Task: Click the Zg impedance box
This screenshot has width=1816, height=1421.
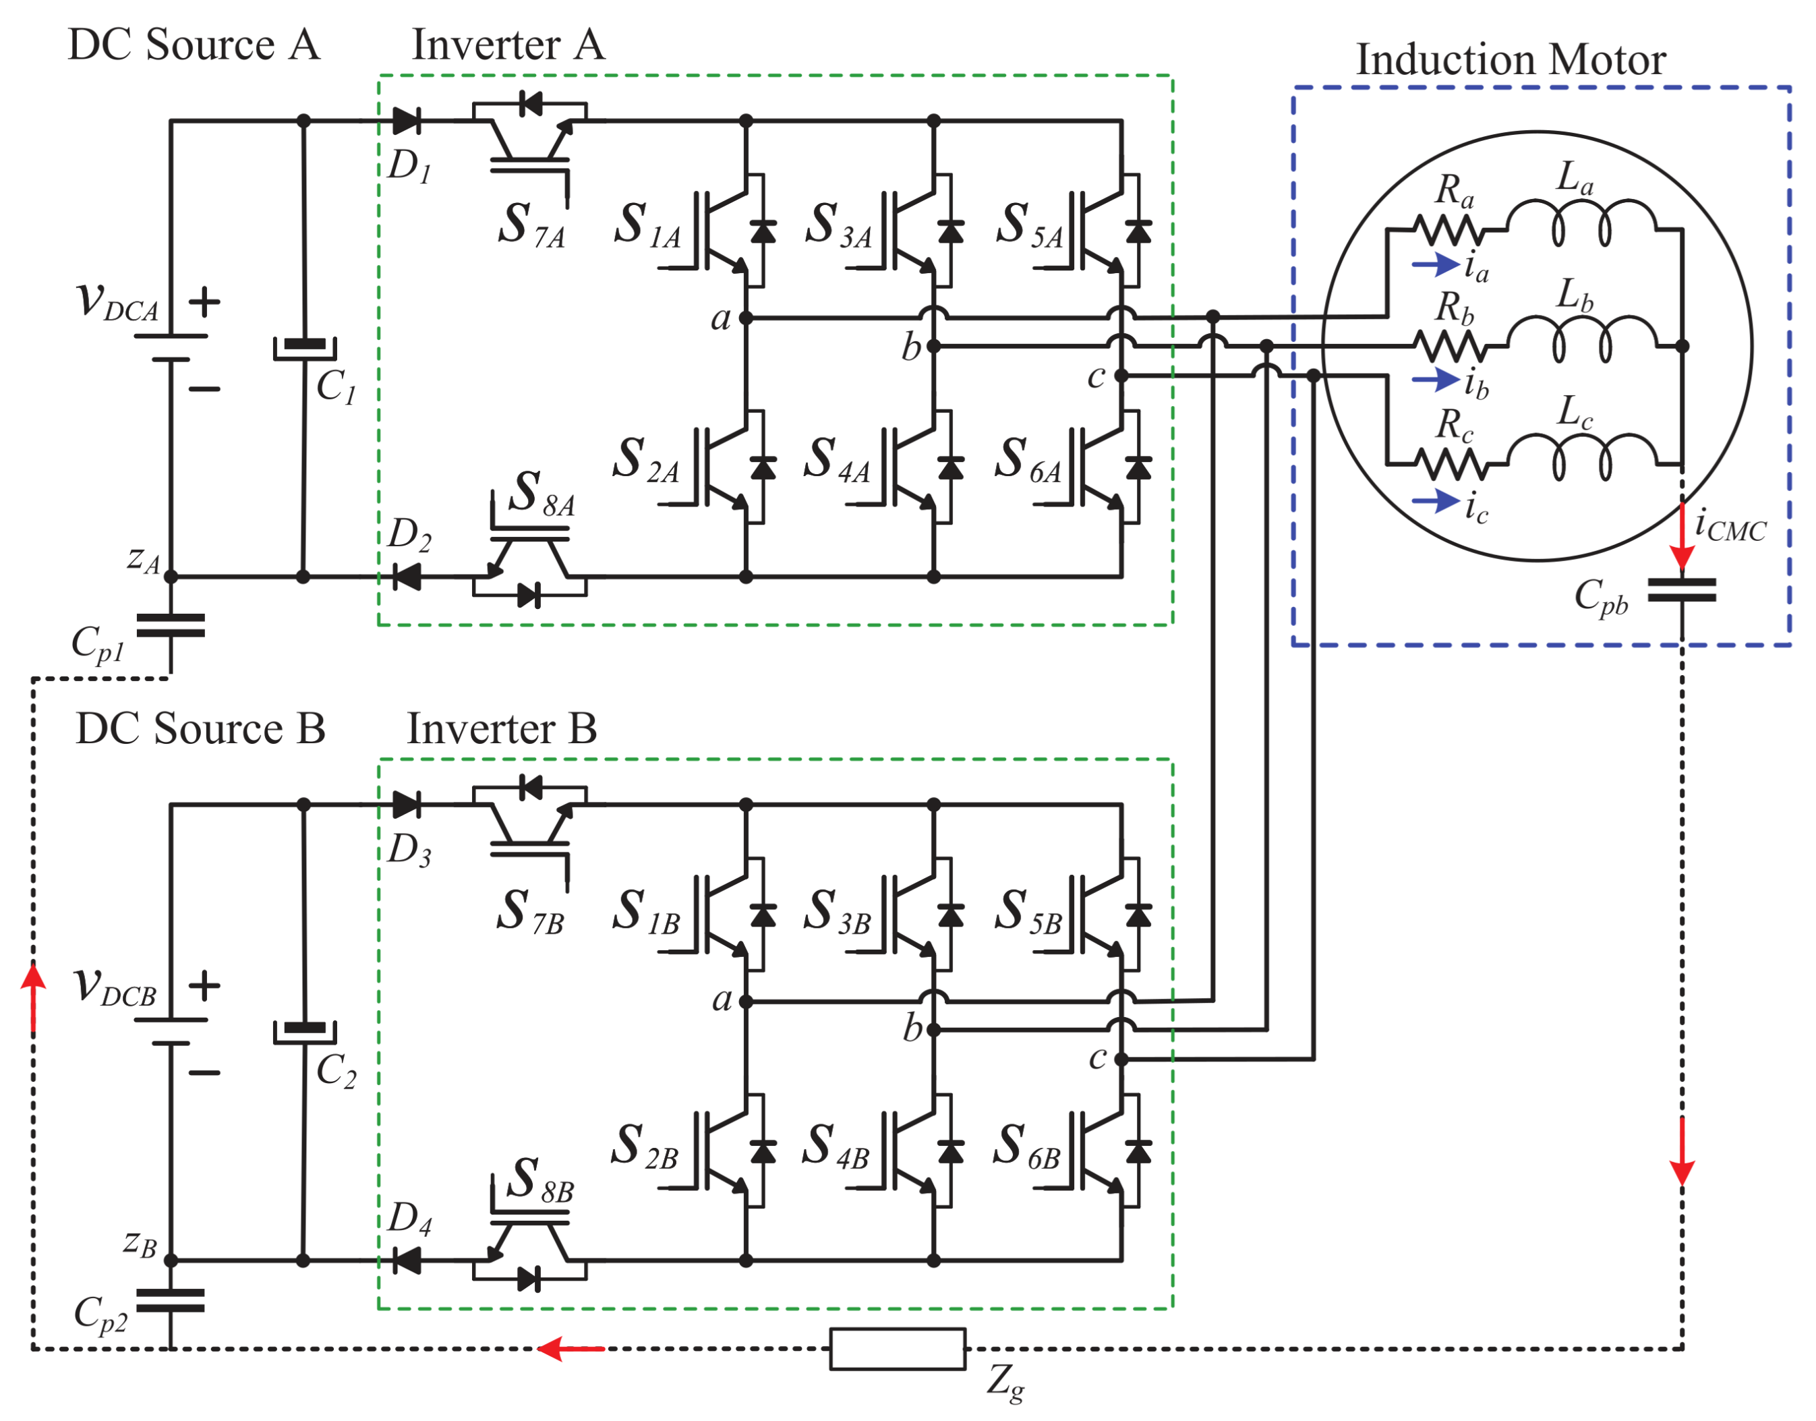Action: pyautogui.click(x=898, y=1349)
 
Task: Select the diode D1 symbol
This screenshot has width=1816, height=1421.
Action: pyautogui.click(x=406, y=121)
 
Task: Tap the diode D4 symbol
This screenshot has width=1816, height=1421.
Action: pyautogui.click(x=406, y=1260)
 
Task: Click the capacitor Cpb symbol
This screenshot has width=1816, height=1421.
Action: pyautogui.click(x=1681, y=590)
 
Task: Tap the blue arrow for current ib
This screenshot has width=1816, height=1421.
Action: pyautogui.click(x=1435, y=380)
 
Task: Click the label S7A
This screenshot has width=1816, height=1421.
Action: pyautogui.click(x=531, y=225)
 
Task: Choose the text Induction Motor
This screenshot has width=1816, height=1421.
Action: pyautogui.click(x=1511, y=60)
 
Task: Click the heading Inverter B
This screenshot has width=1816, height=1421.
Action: pyautogui.click(x=502, y=729)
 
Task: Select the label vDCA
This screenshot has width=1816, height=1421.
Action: pyautogui.click(x=117, y=301)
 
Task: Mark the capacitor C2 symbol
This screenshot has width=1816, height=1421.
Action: pyautogui.click(x=305, y=1032)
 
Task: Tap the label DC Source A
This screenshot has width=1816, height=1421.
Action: pyautogui.click(x=194, y=45)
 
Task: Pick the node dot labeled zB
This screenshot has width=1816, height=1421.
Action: pyautogui.click(x=171, y=1260)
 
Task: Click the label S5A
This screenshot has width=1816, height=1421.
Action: pyautogui.click(x=1030, y=225)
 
